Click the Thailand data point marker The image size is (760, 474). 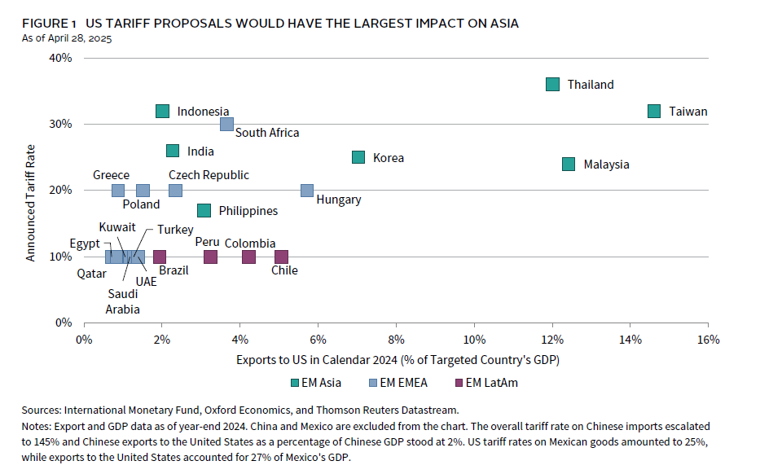[x=553, y=85]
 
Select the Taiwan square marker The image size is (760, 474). [x=654, y=112]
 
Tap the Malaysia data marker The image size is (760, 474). [x=569, y=164]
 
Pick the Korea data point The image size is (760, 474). [x=358, y=157]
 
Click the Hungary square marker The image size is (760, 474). [x=307, y=191]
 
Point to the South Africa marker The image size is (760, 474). [x=226, y=125]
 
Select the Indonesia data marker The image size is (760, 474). [x=162, y=112]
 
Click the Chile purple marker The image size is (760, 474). [x=282, y=257]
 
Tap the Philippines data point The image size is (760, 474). [x=204, y=211]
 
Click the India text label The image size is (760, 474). [x=200, y=151]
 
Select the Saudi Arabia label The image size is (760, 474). [x=122, y=301]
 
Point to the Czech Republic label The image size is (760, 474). [x=209, y=175]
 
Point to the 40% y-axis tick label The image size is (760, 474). [x=61, y=58]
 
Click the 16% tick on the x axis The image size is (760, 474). [x=708, y=339]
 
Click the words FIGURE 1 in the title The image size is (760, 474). [x=50, y=24]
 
